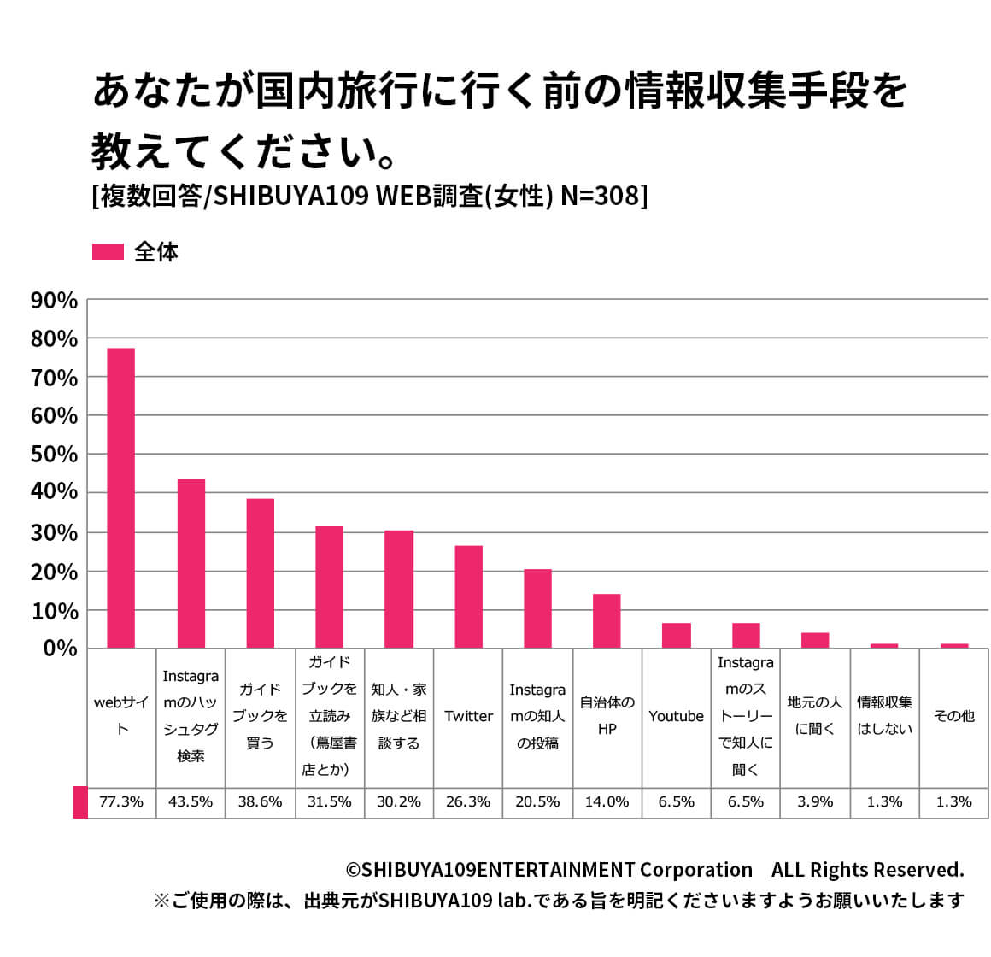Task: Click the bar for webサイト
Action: tap(120, 497)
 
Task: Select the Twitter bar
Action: tap(468, 596)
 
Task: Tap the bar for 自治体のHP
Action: tap(607, 620)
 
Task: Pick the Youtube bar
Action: tap(676, 636)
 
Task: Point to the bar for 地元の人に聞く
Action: tap(814, 640)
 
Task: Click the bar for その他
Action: tap(953, 645)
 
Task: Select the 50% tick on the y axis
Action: tap(54, 454)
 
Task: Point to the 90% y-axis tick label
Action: tap(54, 300)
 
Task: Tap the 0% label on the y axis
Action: tap(61, 649)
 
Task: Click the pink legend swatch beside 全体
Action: tap(108, 252)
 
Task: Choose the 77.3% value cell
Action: tap(121, 801)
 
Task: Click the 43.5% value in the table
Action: tap(191, 801)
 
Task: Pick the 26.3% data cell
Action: tap(468, 801)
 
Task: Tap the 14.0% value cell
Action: tap(607, 801)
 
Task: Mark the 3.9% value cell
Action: tap(815, 801)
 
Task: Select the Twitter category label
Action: tap(468, 716)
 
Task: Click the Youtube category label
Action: tap(676, 716)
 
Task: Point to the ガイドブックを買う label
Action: tap(260, 716)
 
